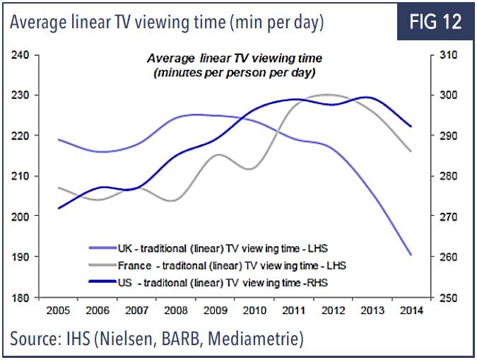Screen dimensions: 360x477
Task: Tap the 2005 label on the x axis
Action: pos(58,310)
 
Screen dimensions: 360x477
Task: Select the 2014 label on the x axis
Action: pos(411,310)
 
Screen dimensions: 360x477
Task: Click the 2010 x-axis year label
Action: pos(254,310)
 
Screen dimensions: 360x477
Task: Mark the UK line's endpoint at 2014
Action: pos(411,255)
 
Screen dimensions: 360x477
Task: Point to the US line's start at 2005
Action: pos(58,208)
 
